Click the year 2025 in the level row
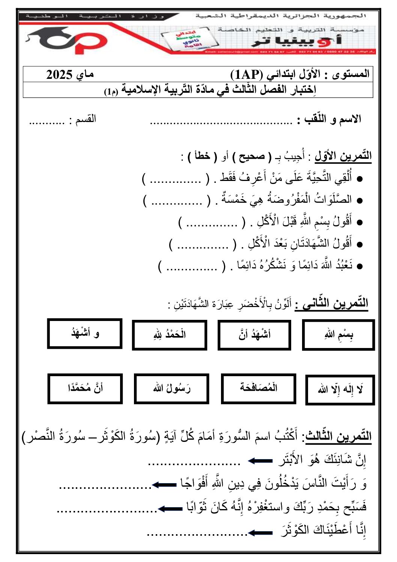point(59,75)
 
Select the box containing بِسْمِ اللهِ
point(338,335)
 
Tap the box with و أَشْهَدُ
point(85,334)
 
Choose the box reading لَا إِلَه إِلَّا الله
point(340,390)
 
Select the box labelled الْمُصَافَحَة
point(259,388)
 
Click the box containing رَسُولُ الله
point(171,389)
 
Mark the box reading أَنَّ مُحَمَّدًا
point(85,389)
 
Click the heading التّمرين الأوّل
point(343,156)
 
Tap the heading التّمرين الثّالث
point(338,436)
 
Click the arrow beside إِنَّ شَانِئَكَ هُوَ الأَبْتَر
point(260,461)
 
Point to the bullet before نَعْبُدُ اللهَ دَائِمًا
point(359,266)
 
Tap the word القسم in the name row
point(86,119)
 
